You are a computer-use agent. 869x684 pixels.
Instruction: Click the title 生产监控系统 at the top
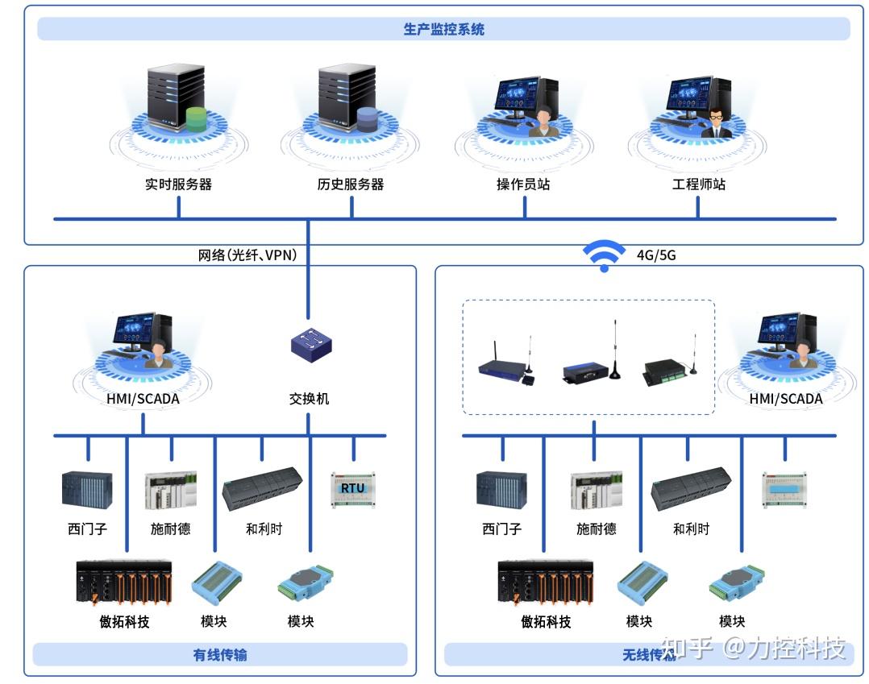[443, 30]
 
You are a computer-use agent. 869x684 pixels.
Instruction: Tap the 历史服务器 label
[351, 184]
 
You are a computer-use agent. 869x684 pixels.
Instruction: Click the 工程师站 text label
[699, 184]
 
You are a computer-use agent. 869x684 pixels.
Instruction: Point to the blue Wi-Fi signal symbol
[604, 255]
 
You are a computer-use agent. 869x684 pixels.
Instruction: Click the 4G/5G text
[656, 255]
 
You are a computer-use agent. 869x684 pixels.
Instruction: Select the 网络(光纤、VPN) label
[247, 255]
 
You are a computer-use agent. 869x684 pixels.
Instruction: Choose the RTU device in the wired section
[352, 488]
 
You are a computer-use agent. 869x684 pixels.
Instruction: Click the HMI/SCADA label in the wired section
[143, 399]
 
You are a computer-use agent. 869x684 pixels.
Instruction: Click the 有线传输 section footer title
[220, 655]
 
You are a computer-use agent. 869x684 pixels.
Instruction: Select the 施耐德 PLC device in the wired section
[170, 490]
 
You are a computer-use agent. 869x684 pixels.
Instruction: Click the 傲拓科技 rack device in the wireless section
[546, 582]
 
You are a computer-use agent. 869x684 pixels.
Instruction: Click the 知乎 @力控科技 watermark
[753, 648]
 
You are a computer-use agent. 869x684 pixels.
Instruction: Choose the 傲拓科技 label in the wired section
[124, 622]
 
